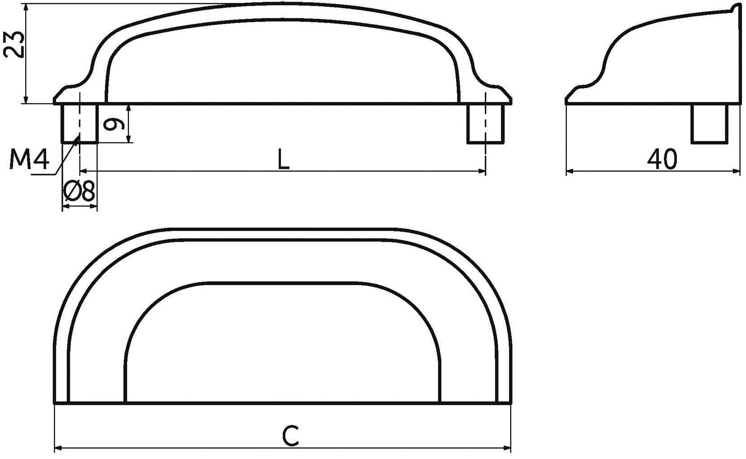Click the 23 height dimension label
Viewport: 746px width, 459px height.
tap(15, 44)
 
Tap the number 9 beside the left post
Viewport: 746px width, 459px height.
tap(114, 125)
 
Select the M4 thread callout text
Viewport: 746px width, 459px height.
tap(29, 159)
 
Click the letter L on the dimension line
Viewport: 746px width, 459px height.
tap(283, 159)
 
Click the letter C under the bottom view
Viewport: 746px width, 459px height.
tap(291, 436)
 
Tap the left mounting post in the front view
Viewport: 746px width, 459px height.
tap(79, 124)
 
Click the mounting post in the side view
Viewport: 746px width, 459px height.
tap(709, 124)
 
